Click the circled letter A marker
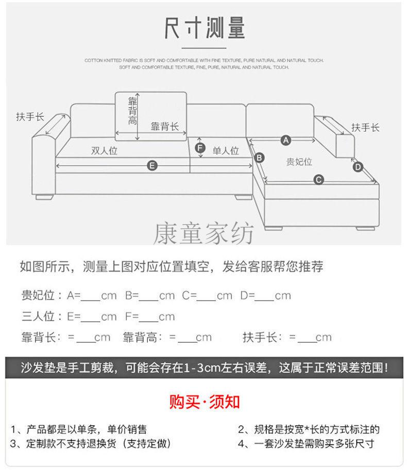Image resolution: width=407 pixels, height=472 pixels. (x=285, y=141)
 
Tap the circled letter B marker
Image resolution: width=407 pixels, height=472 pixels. (x=259, y=158)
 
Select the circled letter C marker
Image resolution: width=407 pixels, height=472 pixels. (x=318, y=180)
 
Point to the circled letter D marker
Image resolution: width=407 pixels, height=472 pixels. (x=358, y=167)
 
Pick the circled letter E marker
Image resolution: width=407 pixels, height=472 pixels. (x=152, y=166)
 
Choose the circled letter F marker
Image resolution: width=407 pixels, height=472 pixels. (x=200, y=148)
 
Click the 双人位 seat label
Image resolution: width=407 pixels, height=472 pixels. (x=104, y=150)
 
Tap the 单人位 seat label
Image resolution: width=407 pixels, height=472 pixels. (x=226, y=150)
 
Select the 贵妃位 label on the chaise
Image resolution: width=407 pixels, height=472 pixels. (x=299, y=162)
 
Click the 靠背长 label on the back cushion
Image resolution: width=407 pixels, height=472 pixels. (x=164, y=127)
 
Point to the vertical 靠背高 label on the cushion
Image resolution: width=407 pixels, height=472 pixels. (x=132, y=111)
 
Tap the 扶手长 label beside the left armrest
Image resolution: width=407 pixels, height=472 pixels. (x=30, y=116)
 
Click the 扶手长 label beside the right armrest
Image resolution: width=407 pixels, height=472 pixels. (x=365, y=127)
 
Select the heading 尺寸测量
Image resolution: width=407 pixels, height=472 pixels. (x=204, y=28)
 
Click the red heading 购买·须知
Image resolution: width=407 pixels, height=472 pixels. (x=204, y=402)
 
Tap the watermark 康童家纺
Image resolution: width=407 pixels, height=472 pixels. (x=203, y=233)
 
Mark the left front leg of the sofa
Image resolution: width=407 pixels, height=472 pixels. (x=44, y=198)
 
